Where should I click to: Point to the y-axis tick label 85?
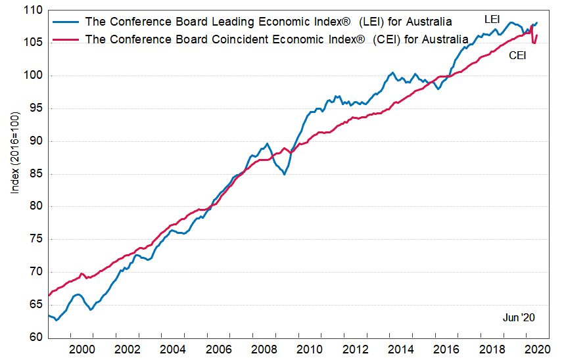pos(34,174)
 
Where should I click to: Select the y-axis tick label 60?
pos(34,338)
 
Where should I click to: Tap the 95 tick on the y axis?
pos(34,108)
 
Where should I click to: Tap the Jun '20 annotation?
pos(519,318)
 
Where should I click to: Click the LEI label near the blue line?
pos(492,20)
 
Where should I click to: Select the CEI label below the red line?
pos(517,56)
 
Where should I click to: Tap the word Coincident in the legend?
pos(231,39)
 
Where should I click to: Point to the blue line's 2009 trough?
pos(284,174)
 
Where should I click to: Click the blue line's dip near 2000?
pos(90,309)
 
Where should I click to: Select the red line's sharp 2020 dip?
pos(534,43)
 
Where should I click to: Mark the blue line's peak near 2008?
pos(266,144)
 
